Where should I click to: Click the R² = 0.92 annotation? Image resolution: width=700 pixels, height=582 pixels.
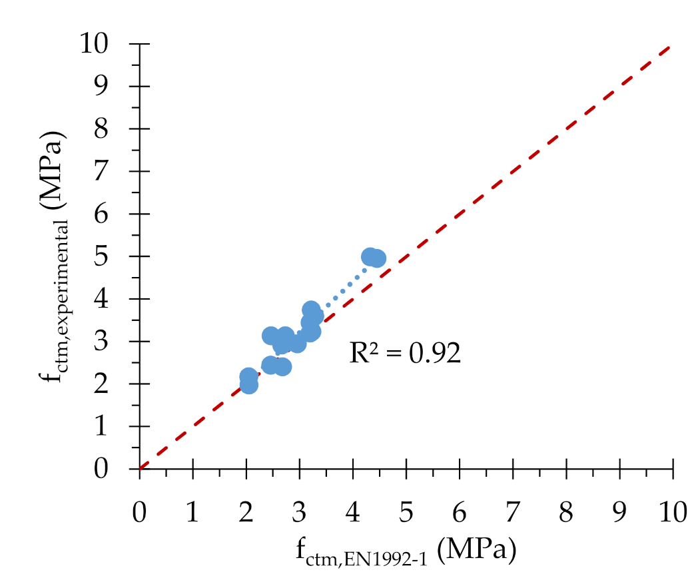[405, 353]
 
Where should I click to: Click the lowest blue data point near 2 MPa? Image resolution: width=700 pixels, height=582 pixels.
[248, 384]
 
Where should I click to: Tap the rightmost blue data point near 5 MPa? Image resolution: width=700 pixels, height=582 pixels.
[377, 258]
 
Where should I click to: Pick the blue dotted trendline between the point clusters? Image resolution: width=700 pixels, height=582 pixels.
[343, 290]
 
